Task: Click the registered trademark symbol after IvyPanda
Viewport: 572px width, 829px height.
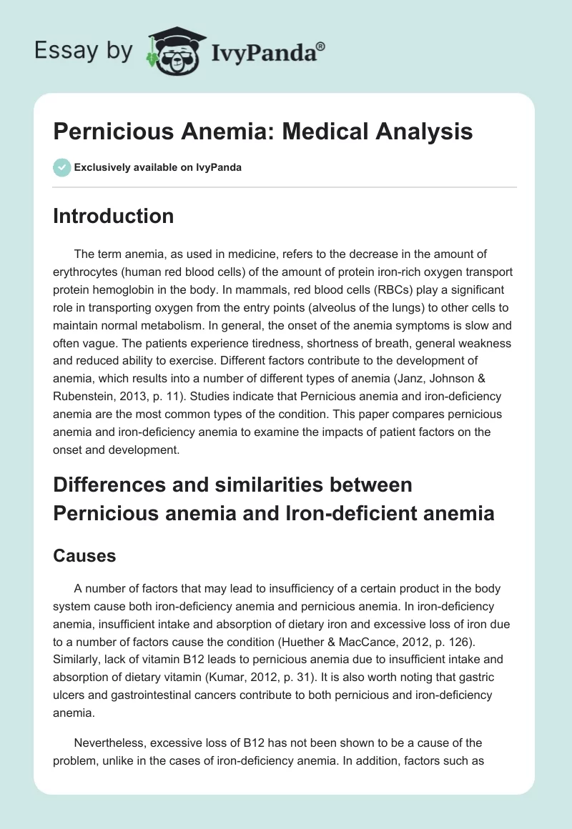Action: (x=322, y=46)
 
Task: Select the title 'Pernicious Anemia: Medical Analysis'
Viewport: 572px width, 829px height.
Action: (x=262, y=132)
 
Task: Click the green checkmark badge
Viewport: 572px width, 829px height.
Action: (x=61, y=167)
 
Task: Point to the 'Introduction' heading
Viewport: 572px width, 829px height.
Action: (x=114, y=217)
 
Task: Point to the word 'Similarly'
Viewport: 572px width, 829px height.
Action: (x=78, y=642)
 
